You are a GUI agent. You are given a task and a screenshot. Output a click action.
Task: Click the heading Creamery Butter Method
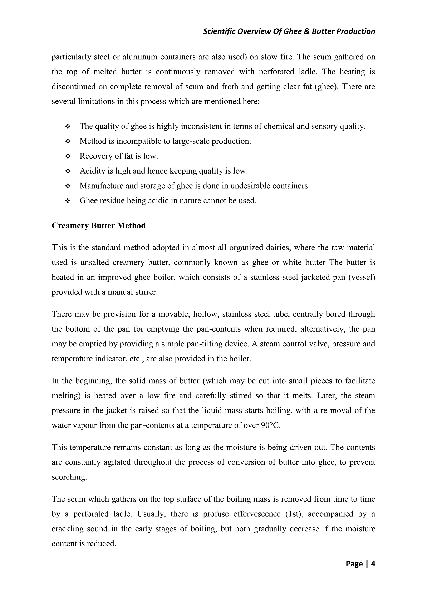click(x=99, y=226)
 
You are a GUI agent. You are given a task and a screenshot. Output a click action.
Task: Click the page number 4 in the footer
click(x=373, y=564)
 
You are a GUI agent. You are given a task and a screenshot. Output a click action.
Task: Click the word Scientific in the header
click(x=220, y=31)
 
